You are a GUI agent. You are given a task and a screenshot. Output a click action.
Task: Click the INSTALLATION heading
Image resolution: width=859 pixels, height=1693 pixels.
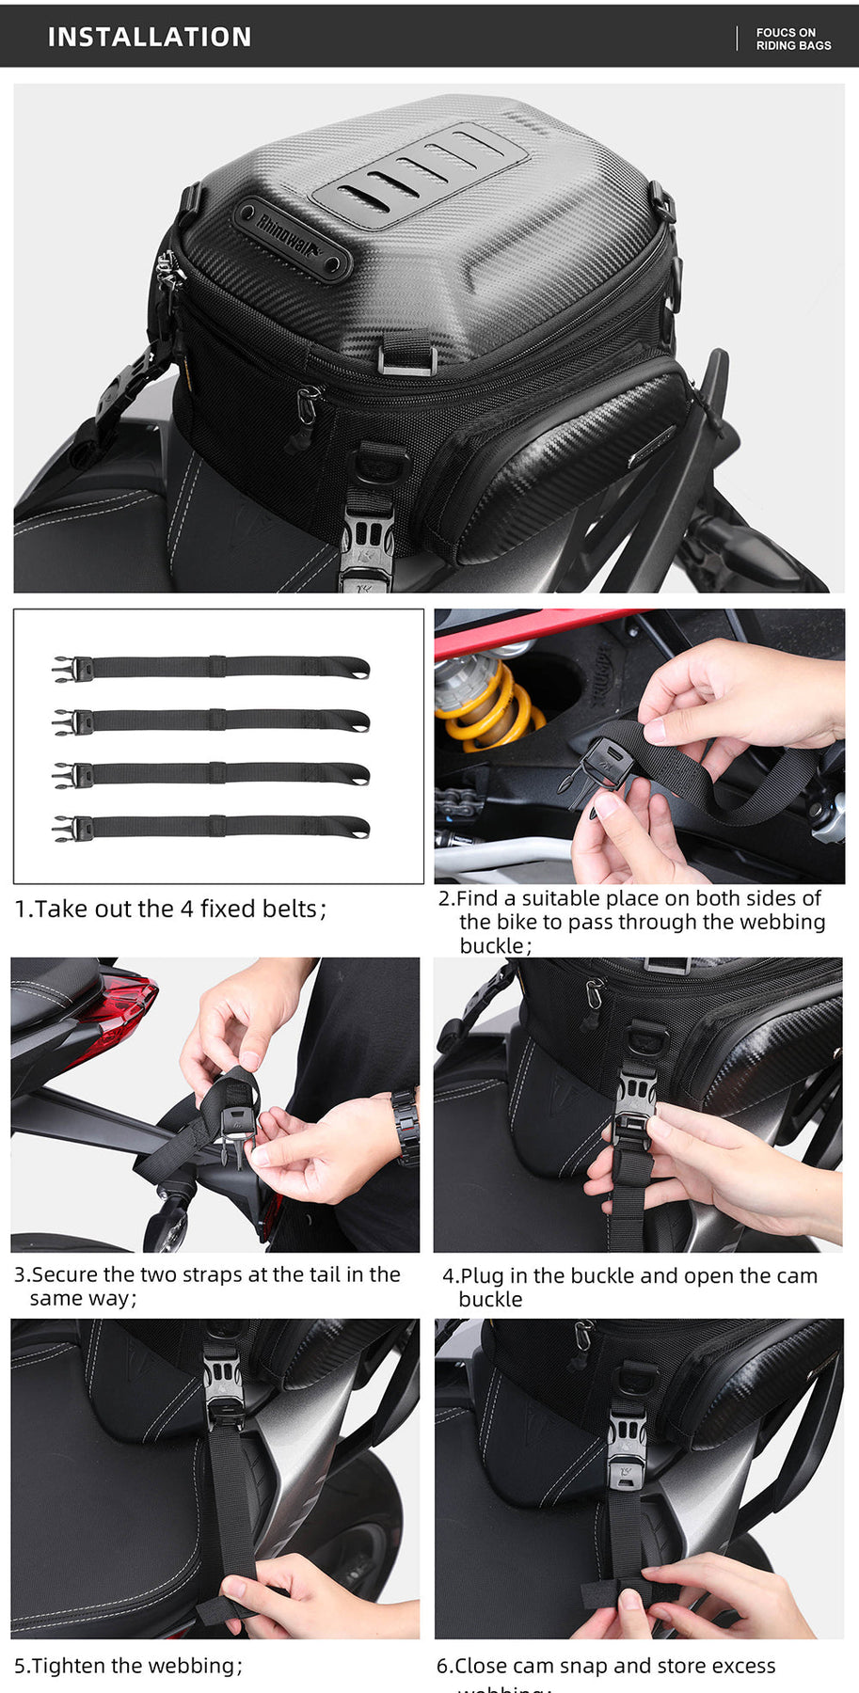[150, 37]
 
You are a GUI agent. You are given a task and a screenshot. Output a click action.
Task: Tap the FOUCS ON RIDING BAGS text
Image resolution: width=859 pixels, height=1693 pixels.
[792, 39]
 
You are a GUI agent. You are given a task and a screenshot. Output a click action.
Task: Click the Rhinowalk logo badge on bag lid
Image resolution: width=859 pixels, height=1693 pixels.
[291, 237]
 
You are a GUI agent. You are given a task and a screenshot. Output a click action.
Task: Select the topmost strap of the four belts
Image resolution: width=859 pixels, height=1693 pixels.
[211, 667]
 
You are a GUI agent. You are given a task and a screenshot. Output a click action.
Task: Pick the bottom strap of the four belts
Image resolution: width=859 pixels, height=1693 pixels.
[211, 827]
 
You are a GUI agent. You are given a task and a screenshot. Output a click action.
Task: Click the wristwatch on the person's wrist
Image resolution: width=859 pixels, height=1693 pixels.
[406, 1124]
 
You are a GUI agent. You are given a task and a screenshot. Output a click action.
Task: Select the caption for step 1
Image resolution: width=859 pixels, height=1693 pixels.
[170, 909]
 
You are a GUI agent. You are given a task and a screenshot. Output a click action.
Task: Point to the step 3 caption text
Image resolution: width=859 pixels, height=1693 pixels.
[207, 1286]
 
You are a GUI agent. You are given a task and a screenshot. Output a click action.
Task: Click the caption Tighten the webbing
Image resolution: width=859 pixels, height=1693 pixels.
[128, 1666]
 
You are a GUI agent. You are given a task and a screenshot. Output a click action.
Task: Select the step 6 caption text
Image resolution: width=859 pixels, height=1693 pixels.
[606, 1667]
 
